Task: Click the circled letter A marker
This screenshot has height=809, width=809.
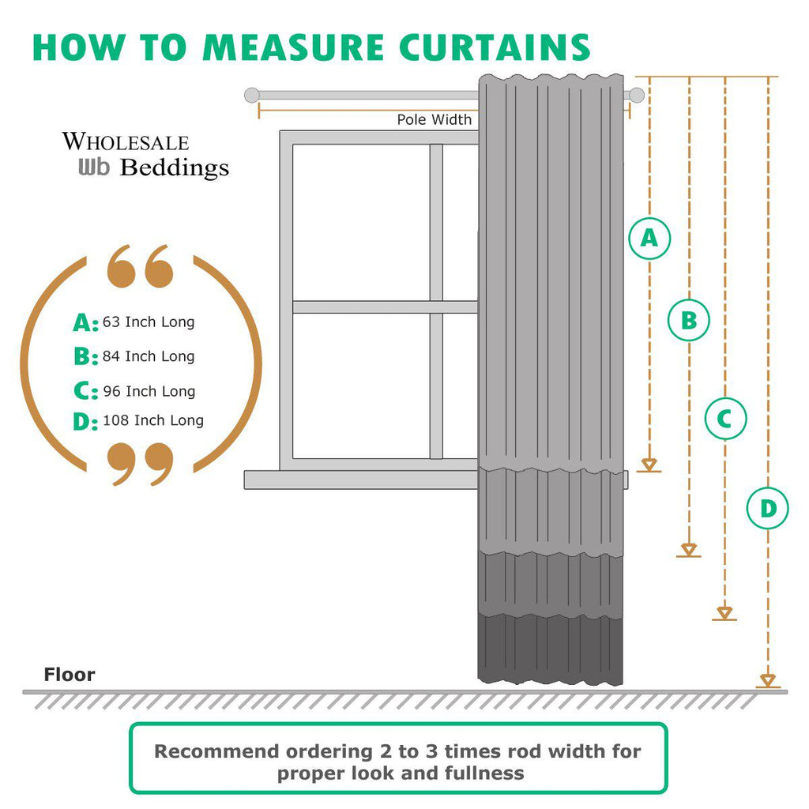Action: (x=649, y=238)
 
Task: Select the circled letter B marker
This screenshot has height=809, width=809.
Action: (x=689, y=321)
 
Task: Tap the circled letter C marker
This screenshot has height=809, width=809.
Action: (x=725, y=419)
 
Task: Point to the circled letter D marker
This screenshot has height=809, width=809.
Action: (x=768, y=509)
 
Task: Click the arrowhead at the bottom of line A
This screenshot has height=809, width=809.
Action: (x=649, y=465)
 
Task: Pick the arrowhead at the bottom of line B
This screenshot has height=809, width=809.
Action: (x=689, y=549)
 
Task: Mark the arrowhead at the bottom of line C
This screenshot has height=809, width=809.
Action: (x=724, y=613)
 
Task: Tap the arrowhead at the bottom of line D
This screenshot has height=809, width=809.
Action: (x=767, y=680)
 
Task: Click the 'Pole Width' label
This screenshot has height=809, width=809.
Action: (x=434, y=120)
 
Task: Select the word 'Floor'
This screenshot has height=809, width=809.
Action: (x=70, y=675)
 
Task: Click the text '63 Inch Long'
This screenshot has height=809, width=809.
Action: (x=149, y=322)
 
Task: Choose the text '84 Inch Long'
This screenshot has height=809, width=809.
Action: (x=149, y=356)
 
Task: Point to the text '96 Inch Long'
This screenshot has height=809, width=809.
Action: (x=149, y=391)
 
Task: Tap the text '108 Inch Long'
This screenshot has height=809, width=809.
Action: (x=153, y=420)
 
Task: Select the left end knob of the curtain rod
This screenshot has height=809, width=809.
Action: (x=251, y=96)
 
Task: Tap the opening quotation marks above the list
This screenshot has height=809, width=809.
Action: (x=140, y=266)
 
